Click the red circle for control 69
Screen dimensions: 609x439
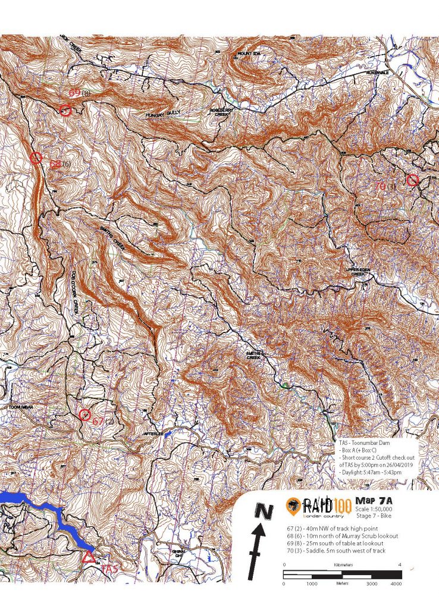[x=65, y=110]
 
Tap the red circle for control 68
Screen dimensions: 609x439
[x=36, y=158]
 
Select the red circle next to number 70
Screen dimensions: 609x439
[x=412, y=180]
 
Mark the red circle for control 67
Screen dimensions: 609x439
[x=85, y=415]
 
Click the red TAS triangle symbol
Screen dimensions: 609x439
[x=89, y=557]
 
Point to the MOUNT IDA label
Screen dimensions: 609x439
[x=250, y=54]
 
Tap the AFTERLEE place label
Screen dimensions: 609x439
[x=153, y=434]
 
